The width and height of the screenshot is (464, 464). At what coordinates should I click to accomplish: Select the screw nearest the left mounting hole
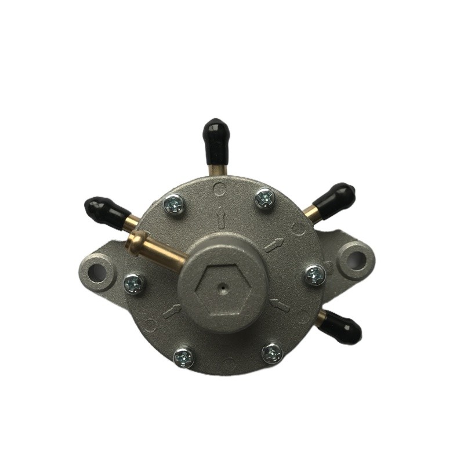click(x=134, y=284)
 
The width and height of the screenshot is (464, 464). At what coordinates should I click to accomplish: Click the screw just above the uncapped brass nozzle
click(x=174, y=203)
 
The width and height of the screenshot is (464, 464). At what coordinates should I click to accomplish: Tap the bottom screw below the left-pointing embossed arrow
click(x=183, y=356)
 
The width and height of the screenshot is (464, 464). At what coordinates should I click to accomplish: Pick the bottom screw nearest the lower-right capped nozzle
click(x=271, y=352)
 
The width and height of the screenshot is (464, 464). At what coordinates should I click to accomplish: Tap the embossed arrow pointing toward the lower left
click(x=172, y=311)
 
